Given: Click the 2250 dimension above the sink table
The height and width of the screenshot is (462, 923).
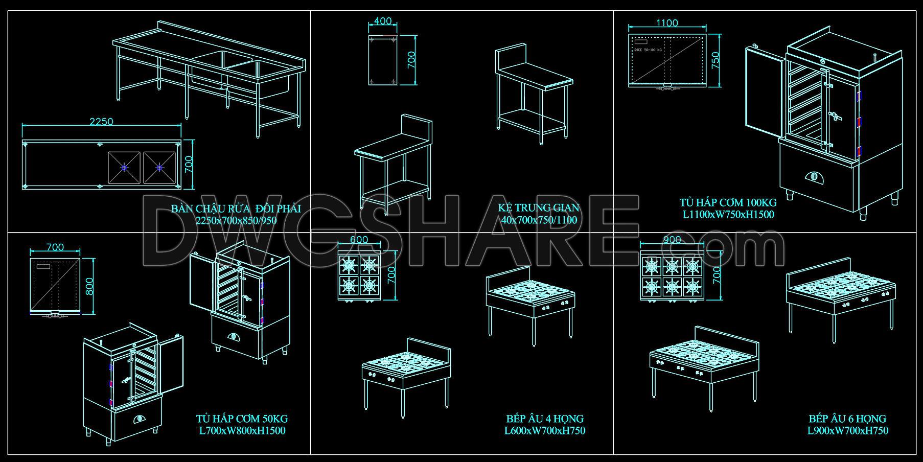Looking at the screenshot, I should coord(101,122).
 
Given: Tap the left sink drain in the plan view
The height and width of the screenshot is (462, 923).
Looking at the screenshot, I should coord(125,167).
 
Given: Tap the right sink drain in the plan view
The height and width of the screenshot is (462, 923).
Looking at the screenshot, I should coord(159,167).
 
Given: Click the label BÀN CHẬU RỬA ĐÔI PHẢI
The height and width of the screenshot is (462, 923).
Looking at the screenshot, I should coord(236,209).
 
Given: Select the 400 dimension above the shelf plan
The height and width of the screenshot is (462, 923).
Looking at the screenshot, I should coord(383,21).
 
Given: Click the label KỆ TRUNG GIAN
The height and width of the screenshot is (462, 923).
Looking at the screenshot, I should coord(539,208).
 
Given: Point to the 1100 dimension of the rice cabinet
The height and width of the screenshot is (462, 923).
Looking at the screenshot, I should coord(667,23).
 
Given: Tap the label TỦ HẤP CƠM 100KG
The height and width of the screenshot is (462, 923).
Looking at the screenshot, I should coord(728,202).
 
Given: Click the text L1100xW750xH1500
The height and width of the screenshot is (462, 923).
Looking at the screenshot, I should coord(728,215).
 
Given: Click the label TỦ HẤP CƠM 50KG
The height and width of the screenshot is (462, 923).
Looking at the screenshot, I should coord(242,419).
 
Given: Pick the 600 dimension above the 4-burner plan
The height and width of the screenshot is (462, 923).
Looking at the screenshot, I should coord(359,240).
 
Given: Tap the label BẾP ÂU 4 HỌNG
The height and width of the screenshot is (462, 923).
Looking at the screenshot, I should coord(545,419).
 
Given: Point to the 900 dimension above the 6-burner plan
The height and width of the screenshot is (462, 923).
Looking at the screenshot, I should coord(672,240).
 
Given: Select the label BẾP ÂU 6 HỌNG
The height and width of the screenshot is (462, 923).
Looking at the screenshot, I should coord(847,419).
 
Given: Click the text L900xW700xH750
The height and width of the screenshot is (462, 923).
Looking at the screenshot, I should coord(847,431).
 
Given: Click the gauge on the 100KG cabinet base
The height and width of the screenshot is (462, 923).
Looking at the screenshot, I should coord(814,177).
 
